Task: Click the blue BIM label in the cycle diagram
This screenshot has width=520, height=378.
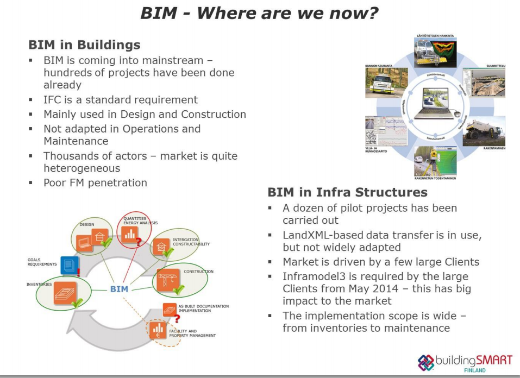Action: [119, 289]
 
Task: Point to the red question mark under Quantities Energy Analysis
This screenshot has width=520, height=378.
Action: [139, 241]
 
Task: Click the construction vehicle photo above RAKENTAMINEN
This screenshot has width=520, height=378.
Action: [483, 130]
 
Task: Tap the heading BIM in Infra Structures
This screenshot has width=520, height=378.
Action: [348, 192]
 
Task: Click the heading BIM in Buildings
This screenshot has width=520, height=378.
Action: [84, 45]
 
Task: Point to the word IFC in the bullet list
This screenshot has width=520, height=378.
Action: [53, 100]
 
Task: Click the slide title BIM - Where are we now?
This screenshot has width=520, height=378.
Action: [259, 13]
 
